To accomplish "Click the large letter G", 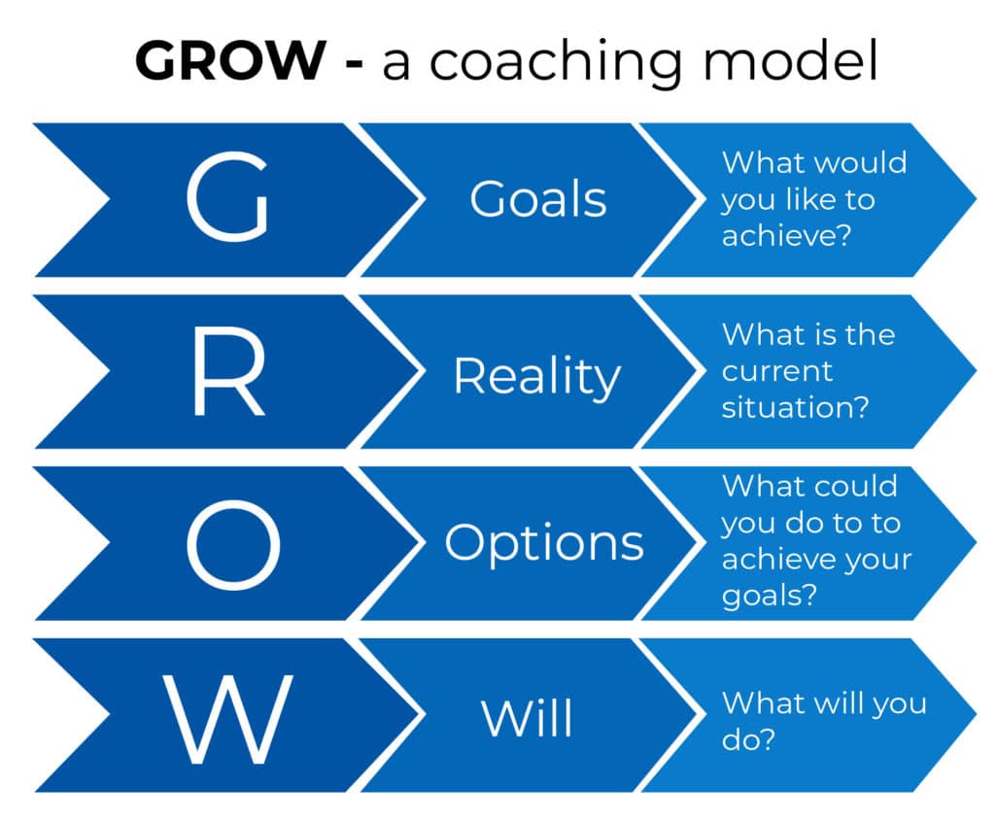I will pos(226,199).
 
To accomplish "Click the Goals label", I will pos(537,200).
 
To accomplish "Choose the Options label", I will pos(543,543).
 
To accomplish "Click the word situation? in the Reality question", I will pos(794,407).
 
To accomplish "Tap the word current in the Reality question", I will pos(777,371).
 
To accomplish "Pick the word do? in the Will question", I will pos(747,739).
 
